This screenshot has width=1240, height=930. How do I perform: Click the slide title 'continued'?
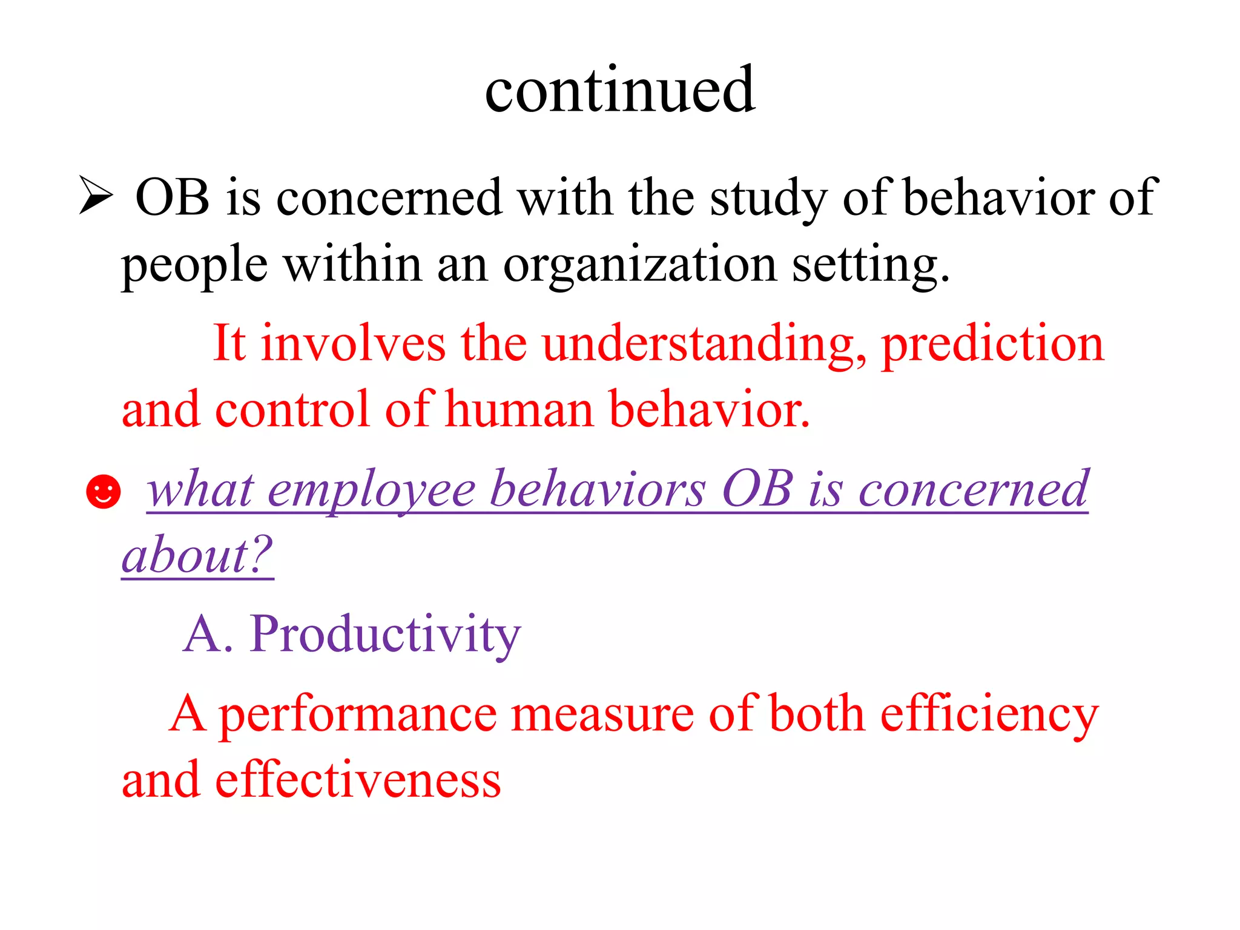coord(619,91)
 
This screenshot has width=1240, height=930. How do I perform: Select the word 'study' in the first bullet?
coord(768,199)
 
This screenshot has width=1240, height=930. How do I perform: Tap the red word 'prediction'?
coord(993,344)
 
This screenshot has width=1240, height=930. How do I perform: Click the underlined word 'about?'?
coord(197,556)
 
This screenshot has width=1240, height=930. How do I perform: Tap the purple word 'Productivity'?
coord(385,635)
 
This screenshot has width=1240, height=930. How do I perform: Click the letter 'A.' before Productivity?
coord(208,635)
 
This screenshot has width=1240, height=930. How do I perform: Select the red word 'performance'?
coord(357,714)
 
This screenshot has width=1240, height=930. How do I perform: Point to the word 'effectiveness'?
coord(358,780)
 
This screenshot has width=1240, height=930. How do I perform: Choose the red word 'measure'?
coord(602,714)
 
